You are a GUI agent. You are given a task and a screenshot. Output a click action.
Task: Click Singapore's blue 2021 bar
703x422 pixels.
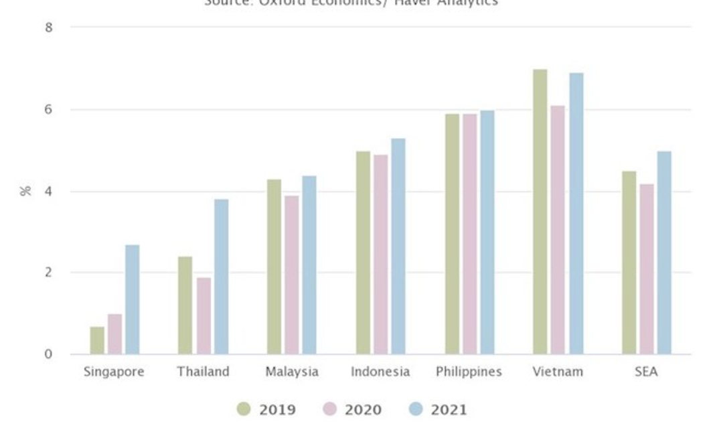tap(132, 299)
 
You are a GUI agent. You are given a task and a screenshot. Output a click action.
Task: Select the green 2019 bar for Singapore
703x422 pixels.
tap(97, 340)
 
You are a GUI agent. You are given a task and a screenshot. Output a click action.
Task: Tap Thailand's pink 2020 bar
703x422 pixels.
tap(204, 315)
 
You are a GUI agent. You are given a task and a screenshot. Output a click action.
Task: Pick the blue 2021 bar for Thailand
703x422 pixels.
tap(221, 277)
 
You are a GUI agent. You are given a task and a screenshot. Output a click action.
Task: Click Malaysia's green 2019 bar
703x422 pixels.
tap(274, 267)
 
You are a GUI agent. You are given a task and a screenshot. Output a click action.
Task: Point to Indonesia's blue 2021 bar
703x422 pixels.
tap(398, 247)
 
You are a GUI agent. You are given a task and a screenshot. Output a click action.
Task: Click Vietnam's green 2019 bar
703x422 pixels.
tap(540, 212)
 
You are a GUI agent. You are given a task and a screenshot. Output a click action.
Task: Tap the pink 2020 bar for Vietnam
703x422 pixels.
tap(558, 230)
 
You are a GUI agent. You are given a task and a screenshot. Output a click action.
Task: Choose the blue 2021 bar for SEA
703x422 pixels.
tap(663, 253)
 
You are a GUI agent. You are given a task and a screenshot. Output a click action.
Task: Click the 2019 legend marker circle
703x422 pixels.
tap(244, 409)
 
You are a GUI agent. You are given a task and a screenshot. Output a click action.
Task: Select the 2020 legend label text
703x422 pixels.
tap(363, 410)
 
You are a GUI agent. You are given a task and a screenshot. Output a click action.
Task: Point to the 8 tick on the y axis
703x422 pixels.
tap(48, 27)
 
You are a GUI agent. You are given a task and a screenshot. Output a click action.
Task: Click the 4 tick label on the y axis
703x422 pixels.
tap(48, 191)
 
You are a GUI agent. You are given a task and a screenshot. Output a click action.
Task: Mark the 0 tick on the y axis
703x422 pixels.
tap(48, 354)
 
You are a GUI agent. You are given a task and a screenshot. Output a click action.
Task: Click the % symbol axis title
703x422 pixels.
tap(25, 191)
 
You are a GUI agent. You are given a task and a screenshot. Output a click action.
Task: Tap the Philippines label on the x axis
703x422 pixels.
tap(469, 372)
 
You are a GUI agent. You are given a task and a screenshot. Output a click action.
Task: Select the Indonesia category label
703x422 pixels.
tap(380, 372)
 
